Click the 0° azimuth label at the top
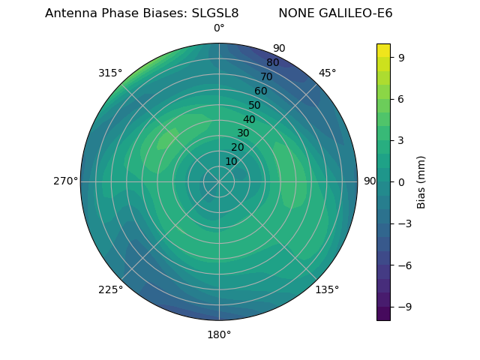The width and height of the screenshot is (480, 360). coord(219,28)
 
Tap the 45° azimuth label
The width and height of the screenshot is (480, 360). coord(328,73)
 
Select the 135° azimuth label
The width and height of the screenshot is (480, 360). coord(327,289)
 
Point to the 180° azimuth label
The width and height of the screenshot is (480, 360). coord(219,334)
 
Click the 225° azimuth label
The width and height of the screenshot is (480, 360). coord(110,289)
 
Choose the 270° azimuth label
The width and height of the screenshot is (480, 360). coord(65,181)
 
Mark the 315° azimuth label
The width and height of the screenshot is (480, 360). coord(110,73)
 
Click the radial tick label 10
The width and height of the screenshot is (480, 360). coord(231,161)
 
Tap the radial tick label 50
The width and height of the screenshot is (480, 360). coord(255,105)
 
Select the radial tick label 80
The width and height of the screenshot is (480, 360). coord(273,62)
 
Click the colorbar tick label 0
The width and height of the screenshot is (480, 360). coord(402,181)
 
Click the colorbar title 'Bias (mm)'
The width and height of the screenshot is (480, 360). coord(421,181)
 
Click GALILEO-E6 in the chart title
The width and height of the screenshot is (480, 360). coord(355,13)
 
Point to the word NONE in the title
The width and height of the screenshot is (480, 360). coord(296,13)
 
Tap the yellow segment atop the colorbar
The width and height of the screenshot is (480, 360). coord(383,50)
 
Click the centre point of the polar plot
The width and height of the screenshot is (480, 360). coord(219,181)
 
